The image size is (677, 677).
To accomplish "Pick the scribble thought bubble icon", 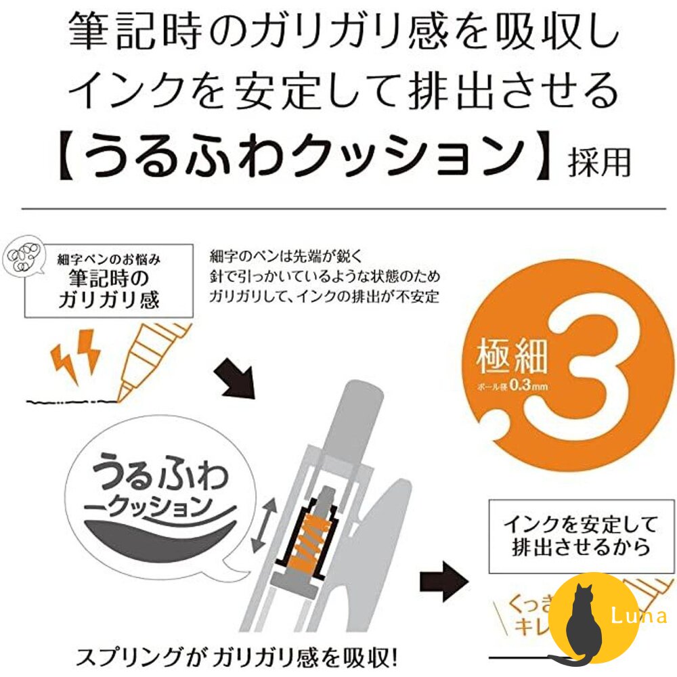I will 24,260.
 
